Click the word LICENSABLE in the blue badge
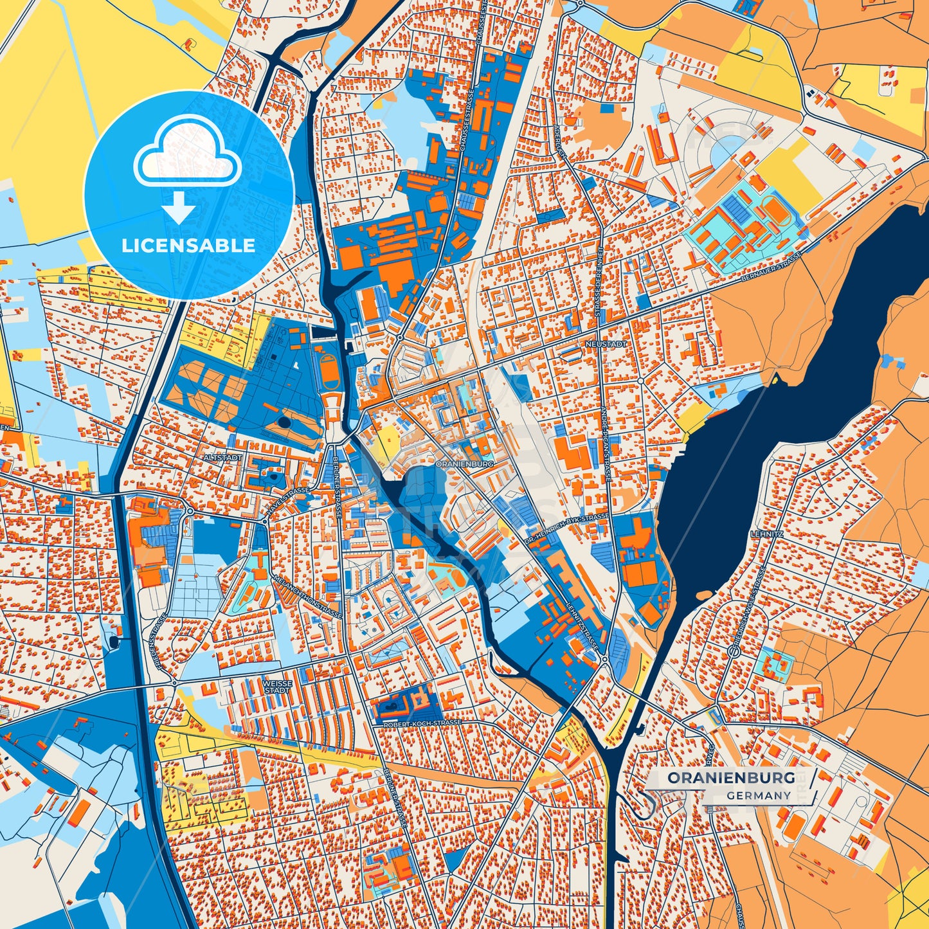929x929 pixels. pyautogui.click(x=188, y=246)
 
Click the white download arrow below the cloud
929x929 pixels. pyautogui.click(x=179, y=208)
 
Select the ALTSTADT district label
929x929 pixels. pyautogui.click(x=223, y=457)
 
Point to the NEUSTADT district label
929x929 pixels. pyautogui.click(x=606, y=345)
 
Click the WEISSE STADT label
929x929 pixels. pyautogui.click(x=277, y=687)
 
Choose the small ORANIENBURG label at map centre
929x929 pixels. pyautogui.click(x=464, y=463)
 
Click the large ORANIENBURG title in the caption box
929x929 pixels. pyautogui.click(x=731, y=778)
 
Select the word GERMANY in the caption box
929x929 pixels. pyautogui.click(x=759, y=795)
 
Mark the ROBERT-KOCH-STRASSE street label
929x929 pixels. pyautogui.click(x=422, y=723)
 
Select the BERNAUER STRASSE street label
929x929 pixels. pyautogui.click(x=771, y=267)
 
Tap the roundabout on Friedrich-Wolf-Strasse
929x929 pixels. pyautogui.click(x=734, y=651)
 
